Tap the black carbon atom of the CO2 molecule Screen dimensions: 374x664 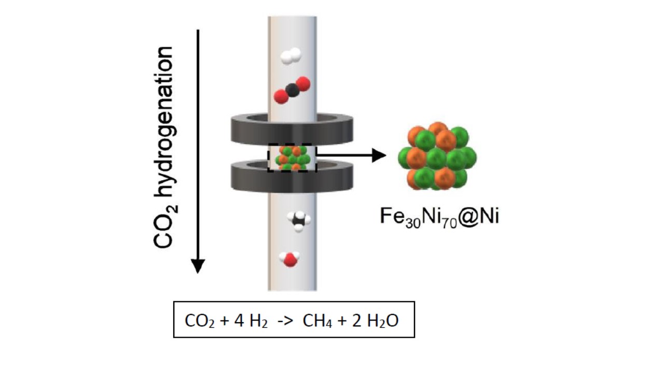(x=292, y=90)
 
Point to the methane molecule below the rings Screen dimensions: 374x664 (x=299, y=220)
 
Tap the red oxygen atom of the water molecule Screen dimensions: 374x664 (x=289, y=260)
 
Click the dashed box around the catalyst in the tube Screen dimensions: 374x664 (x=292, y=157)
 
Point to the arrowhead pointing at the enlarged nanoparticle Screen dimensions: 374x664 (x=379, y=155)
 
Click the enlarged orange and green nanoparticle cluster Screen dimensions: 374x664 (x=437, y=155)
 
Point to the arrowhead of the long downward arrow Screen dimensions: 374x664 (x=198, y=266)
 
